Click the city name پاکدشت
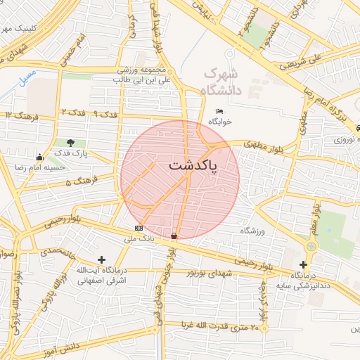[193, 166]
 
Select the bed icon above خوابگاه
[220, 112]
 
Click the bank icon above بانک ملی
[139, 229]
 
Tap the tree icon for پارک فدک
[70, 143]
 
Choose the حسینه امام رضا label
[40, 167]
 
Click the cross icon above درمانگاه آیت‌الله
[101, 259]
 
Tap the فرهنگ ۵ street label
[79, 181]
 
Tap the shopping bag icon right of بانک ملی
[174, 235]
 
